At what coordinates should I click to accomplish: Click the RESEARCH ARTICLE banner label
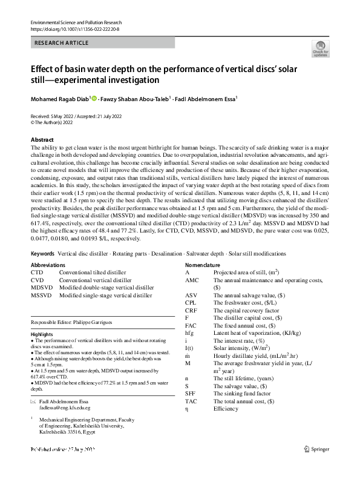coord(62,43)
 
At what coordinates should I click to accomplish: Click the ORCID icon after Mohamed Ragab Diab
coord(96,97)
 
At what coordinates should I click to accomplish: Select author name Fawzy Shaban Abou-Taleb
coord(136,98)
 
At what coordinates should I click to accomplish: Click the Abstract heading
coord(42,139)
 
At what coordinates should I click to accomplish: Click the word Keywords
coord(42,253)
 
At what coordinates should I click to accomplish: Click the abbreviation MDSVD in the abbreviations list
coord(42,288)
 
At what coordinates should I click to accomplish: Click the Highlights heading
coord(42,334)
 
